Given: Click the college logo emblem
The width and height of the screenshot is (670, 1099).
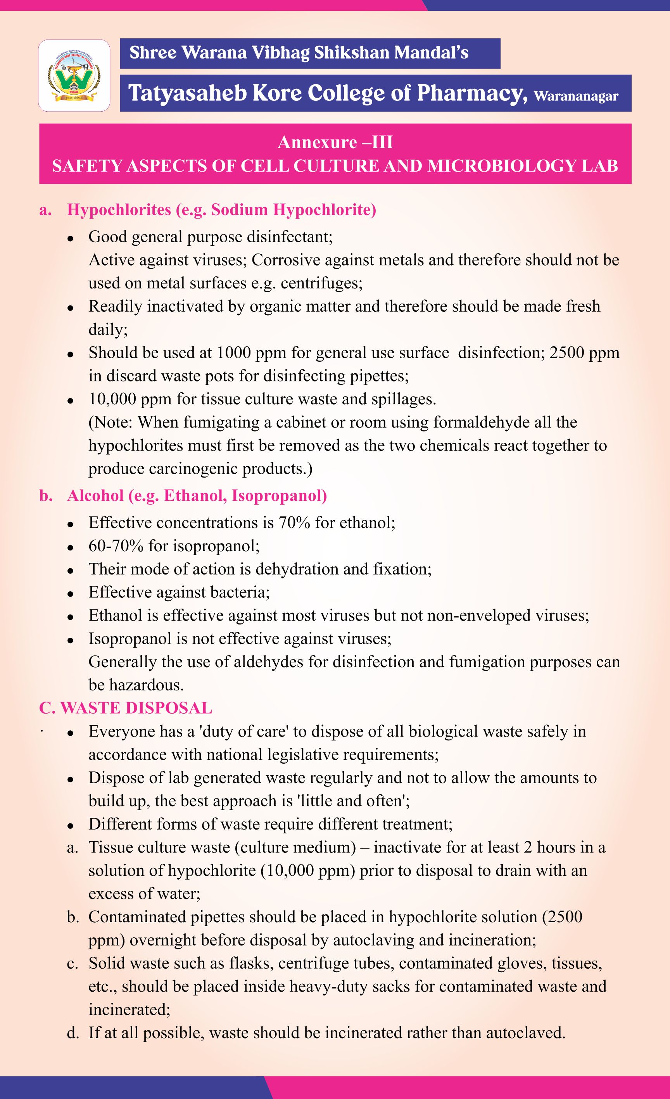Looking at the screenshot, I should pyautogui.click(x=74, y=75).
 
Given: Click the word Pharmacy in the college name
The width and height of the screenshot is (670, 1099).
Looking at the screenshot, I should pyautogui.click(x=469, y=93).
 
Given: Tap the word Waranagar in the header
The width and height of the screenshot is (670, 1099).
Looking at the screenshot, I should pyautogui.click(x=576, y=96).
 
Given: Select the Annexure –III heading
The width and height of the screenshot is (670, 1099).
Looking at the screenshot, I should pyautogui.click(x=335, y=142).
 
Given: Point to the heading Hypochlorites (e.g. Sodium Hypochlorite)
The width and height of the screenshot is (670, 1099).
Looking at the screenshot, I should pyautogui.click(x=221, y=210).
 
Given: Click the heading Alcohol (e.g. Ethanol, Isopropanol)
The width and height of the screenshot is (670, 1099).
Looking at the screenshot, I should pyautogui.click(x=197, y=495).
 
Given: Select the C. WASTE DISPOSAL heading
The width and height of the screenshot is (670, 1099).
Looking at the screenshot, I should pyautogui.click(x=126, y=708).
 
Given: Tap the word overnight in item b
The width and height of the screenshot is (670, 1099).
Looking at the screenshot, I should pyautogui.click(x=165, y=940).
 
